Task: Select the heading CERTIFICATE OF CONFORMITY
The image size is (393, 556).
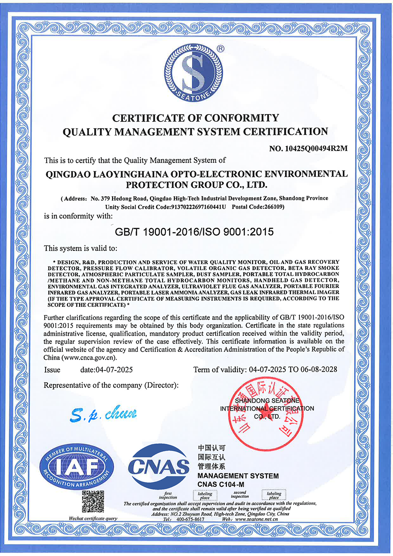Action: [x=196, y=118]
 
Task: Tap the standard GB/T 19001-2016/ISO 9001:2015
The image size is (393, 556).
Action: [x=194, y=232]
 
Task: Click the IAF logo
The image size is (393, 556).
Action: [x=77, y=467]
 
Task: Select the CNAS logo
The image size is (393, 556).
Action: [x=159, y=467]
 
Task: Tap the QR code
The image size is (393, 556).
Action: [x=93, y=502]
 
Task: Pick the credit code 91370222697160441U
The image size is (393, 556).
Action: [x=198, y=207]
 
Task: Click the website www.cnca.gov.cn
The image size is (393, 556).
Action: [x=89, y=357]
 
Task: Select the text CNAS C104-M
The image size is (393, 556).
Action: [x=220, y=484]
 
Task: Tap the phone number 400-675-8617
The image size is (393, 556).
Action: [x=190, y=519]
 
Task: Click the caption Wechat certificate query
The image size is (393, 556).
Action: [x=93, y=518]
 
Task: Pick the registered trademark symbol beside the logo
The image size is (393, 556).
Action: [x=220, y=49]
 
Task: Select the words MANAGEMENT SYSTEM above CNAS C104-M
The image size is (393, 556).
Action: [x=238, y=476]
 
